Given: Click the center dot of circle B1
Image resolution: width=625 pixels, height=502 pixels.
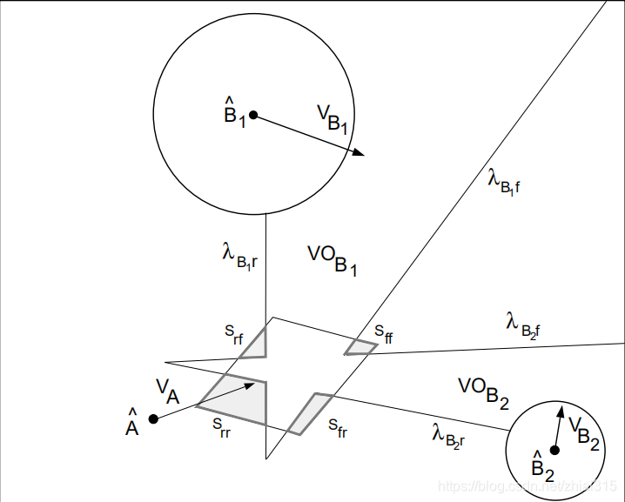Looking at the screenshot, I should click(x=253, y=114).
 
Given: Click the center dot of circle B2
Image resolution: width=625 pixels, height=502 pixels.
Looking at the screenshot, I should click(x=554, y=449).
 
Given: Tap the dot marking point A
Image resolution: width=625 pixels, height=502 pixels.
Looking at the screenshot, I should click(x=153, y=418).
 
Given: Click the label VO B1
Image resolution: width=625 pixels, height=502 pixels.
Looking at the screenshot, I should click(x=333, y=258).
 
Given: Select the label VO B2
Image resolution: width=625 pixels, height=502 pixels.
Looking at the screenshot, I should click(x=483, y=391).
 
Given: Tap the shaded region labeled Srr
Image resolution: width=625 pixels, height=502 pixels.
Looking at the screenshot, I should click(x=240, y=401).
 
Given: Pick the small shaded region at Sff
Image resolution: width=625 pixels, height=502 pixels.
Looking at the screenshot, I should click(x=359, y=348).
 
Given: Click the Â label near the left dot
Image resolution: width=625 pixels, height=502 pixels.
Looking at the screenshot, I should click(x=132, y=424).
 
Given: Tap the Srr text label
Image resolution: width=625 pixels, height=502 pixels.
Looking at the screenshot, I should click(x=221, y=425).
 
